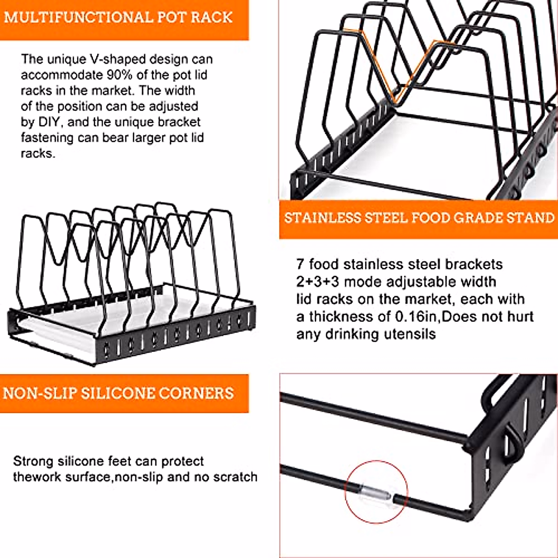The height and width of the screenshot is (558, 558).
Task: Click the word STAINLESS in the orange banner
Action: pos(323,218)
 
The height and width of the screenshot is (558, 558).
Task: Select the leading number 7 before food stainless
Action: pos(300,265)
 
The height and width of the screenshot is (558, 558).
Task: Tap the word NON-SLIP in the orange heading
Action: pos(39,393)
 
